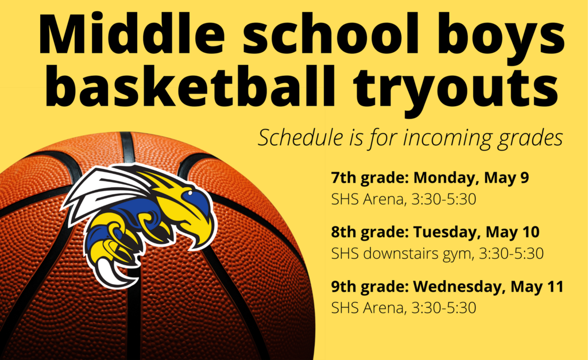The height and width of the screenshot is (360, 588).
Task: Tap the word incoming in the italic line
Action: click(447, 139)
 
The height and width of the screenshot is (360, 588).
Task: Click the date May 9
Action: click(506, 178)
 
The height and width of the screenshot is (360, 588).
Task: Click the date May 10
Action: click(513, 232)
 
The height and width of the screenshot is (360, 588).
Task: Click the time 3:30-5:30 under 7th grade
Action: click(444, 199)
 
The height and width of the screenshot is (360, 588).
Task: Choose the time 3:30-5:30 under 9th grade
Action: click(444, 308)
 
